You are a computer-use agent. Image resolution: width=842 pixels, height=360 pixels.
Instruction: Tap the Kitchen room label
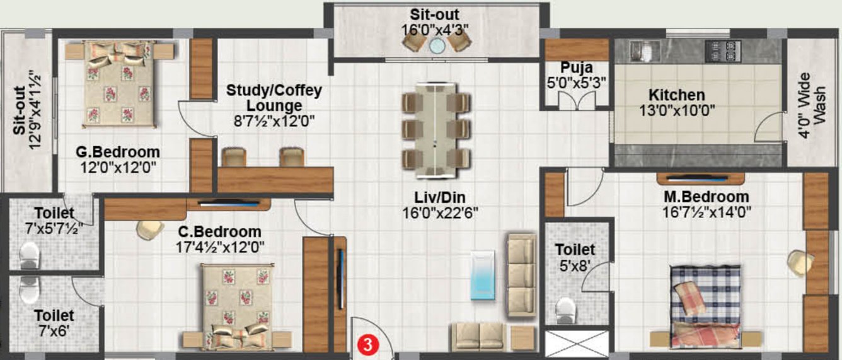(x=677, y=96)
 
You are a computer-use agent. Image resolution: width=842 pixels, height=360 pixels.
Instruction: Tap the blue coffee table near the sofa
(x=485, y=278)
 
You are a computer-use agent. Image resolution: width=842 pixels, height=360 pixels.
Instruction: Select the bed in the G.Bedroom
(x=118, y=83)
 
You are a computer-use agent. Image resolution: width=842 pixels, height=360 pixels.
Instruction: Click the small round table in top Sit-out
(x=437, y=44)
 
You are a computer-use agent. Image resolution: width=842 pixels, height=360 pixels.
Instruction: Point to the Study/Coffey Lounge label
(x=274, y=98)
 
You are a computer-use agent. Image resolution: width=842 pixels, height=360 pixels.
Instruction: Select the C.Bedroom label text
(x=219, y=231)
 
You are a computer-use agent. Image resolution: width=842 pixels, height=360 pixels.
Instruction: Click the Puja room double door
(x=577, y=100)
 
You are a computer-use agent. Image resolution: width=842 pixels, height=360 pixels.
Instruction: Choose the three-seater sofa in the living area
(x=521, y=275)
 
